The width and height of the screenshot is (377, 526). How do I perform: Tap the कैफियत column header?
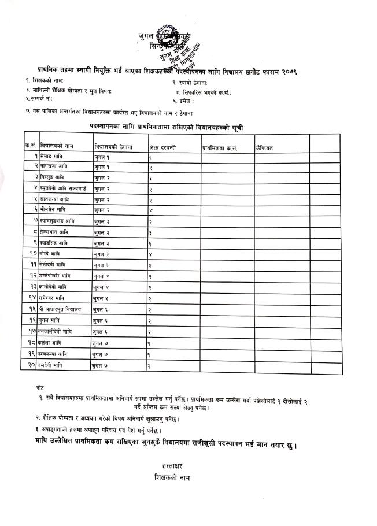[264, 148]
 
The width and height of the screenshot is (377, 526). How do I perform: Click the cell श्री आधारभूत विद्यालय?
[61, 310]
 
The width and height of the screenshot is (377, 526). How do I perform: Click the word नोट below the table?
[39, 386]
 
